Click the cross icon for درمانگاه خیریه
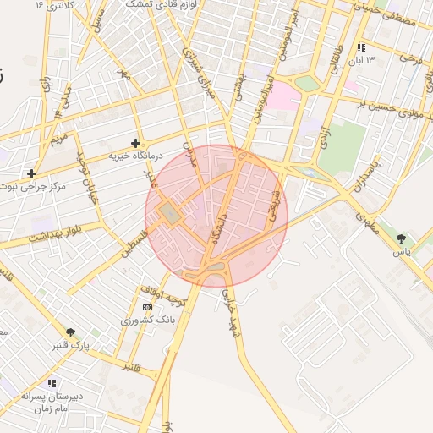tap(135, 143)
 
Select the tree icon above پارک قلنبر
tap(70, 332)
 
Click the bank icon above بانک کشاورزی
tap(148, 307)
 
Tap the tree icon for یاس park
tap(400, 238)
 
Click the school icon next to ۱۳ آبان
tap(362, 47)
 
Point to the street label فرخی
tap(410, 58)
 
